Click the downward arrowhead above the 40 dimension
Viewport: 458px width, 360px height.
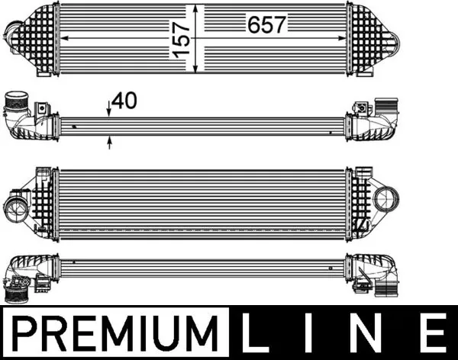click(110, 114)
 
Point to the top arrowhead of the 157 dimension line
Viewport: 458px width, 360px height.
click(198, 8)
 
